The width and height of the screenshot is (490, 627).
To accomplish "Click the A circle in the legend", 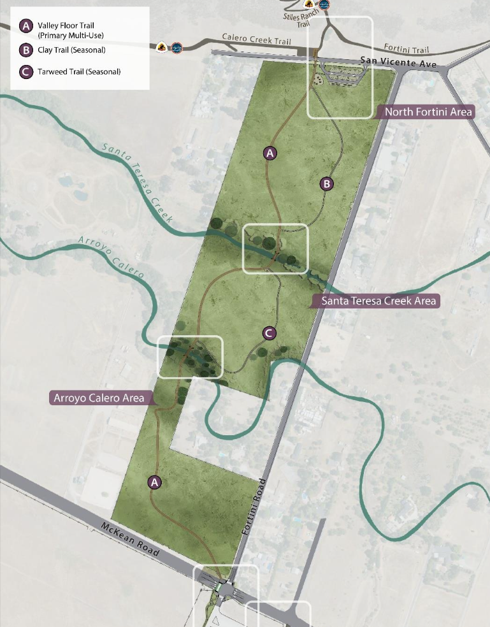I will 26,26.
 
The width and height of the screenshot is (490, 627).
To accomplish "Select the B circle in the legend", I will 26,50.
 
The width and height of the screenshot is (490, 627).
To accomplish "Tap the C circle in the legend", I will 26,71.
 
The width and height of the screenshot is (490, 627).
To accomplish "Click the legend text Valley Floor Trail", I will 66,25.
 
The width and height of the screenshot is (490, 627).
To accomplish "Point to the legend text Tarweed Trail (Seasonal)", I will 79,71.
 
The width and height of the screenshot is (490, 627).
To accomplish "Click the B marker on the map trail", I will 326,184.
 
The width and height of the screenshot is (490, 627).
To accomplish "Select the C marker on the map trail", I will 270,333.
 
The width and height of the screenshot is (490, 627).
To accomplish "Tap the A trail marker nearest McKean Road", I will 154,482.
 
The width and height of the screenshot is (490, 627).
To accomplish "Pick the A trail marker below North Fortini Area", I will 270,153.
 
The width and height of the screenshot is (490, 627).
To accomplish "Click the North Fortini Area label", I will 428,112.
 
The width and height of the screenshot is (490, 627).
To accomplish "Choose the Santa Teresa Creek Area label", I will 378,301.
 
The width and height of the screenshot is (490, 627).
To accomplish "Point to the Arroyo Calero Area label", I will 99,398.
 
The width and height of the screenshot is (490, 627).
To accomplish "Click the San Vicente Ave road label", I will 398,62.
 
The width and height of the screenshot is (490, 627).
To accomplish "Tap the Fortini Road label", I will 253,510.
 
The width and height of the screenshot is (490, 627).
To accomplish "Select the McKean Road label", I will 131,539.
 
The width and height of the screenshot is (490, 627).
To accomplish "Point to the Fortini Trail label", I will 407,49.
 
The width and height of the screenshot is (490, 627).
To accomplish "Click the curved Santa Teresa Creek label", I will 138,182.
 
